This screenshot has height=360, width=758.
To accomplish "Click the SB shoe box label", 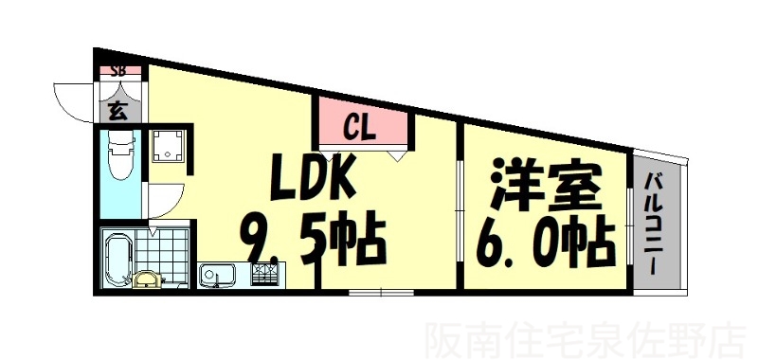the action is point(119,70).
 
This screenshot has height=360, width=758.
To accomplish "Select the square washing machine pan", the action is point(169,145).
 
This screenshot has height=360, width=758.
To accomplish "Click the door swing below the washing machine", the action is point(161,202).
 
